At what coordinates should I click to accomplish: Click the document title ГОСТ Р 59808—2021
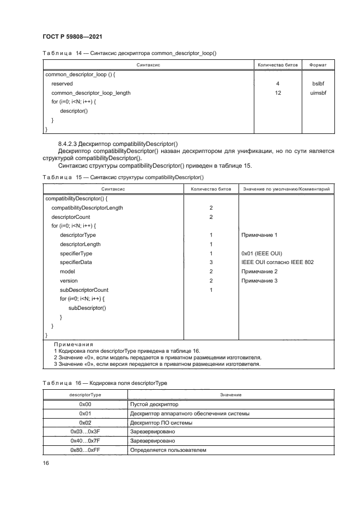point(72,36)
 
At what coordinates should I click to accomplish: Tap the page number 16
point(46,463)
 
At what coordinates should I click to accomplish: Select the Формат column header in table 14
point(318,65)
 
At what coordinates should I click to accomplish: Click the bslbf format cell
point(318,84)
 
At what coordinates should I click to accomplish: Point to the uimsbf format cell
point(318,93)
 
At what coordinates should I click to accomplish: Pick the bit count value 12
point(278,93)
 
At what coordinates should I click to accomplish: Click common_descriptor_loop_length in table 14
point(91,93)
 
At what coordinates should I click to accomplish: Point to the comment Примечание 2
point(259,272)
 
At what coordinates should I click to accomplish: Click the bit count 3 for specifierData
point(210,262)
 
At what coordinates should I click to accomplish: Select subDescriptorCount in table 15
point(84,290)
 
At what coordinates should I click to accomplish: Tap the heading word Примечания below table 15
point(74,345)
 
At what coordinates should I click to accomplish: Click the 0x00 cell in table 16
point(84,405)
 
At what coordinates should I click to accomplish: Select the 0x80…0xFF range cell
point(84,450)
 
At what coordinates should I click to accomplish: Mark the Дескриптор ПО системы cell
point(161,423)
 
